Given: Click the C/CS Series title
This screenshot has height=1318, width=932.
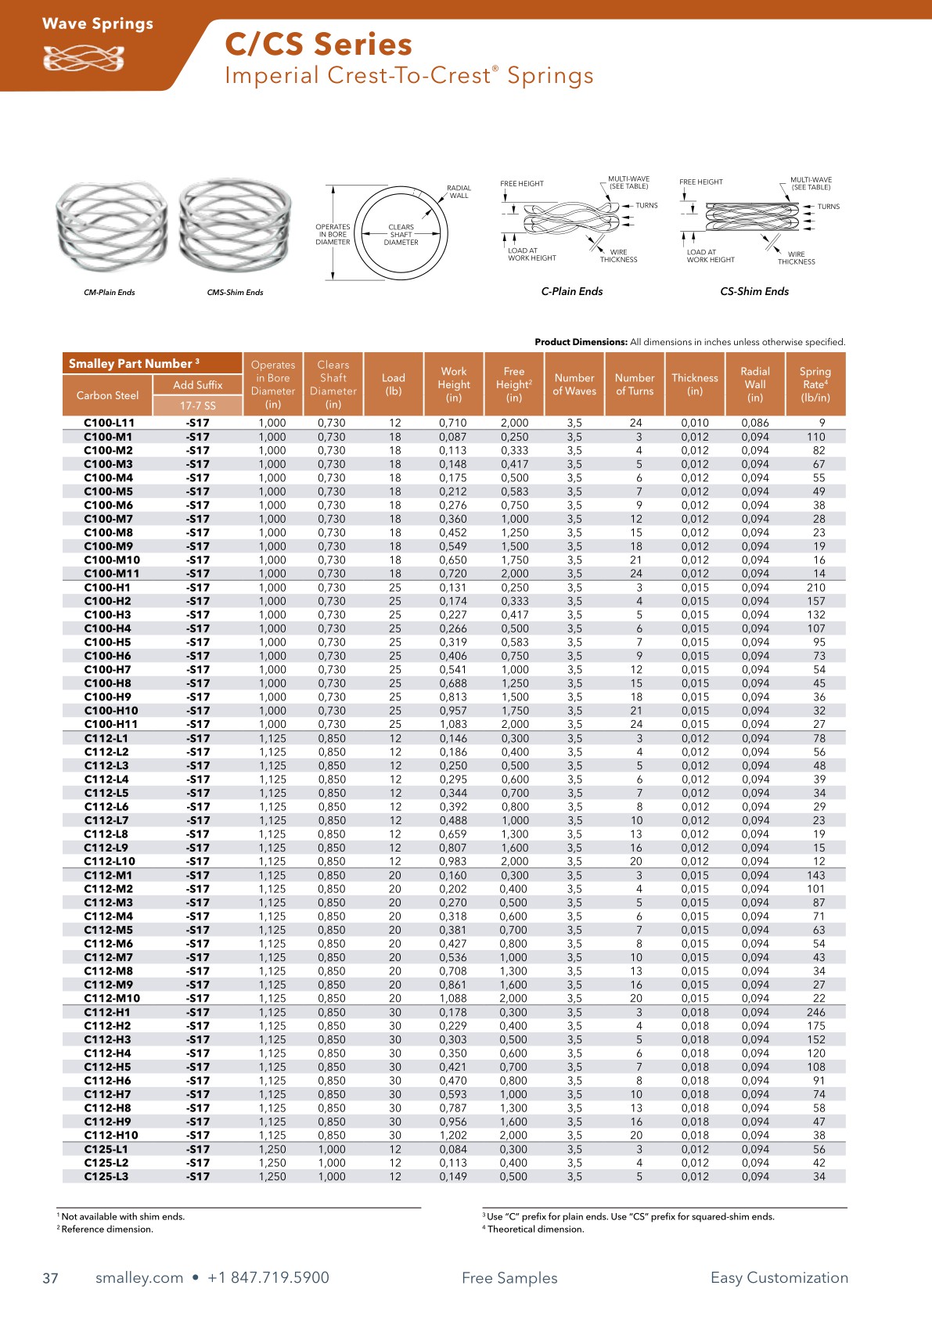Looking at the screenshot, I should [x=318, y=45].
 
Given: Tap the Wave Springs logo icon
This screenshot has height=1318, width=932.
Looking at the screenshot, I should [x=83, y=59].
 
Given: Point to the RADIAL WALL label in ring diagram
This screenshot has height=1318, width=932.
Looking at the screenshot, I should [x=459, y=192].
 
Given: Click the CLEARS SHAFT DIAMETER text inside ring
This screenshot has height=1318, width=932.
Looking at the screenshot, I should [x=401, y=235].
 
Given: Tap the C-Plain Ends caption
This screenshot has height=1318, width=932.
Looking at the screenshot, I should [x=572, y=291].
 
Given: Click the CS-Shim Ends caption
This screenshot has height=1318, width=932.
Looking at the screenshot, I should [x=754, y=291].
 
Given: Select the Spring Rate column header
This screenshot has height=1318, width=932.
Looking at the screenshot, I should [x=815, y=384].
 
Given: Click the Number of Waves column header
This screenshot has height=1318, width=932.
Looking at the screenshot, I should [x=574, y=384].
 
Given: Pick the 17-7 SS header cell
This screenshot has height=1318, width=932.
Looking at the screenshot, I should [x=198, y=405].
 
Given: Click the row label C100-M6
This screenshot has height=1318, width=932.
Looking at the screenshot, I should [x=108, y=505].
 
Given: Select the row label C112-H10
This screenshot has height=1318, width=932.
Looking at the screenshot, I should [x=111, y=1135].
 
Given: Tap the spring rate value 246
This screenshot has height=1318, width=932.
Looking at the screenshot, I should [x=816, y=1012].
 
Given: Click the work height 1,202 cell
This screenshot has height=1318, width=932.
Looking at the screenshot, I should [x=453, y=1135].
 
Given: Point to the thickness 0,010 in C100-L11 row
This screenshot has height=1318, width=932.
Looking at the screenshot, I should [x=695, y=423].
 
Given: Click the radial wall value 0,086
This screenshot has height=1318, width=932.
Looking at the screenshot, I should [x=755, y=423].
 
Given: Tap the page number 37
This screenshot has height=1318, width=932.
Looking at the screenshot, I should [x=50, y=1278].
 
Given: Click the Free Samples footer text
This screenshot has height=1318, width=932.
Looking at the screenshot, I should [x=509, y=1278].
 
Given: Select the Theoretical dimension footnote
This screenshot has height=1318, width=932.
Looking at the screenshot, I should [x=535, y=1229].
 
